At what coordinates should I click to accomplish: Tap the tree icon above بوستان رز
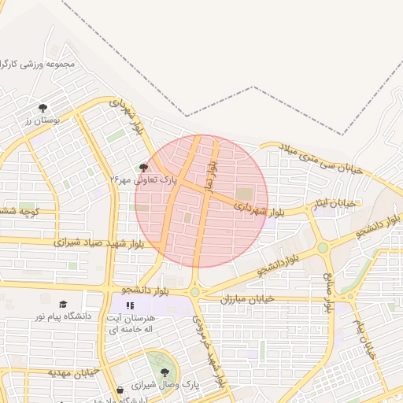coord(43,108)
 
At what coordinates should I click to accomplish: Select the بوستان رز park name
coord(43,121)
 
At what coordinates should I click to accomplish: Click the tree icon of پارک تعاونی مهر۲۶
coord(142,167)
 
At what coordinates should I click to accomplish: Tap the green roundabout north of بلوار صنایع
coord(323,249)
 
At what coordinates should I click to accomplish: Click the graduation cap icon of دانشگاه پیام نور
coord(63,304)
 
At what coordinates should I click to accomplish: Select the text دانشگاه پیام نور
coord(62,316)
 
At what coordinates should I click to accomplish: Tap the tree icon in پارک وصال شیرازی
coord(165,372)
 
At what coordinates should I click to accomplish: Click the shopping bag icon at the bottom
coord(119,390)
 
